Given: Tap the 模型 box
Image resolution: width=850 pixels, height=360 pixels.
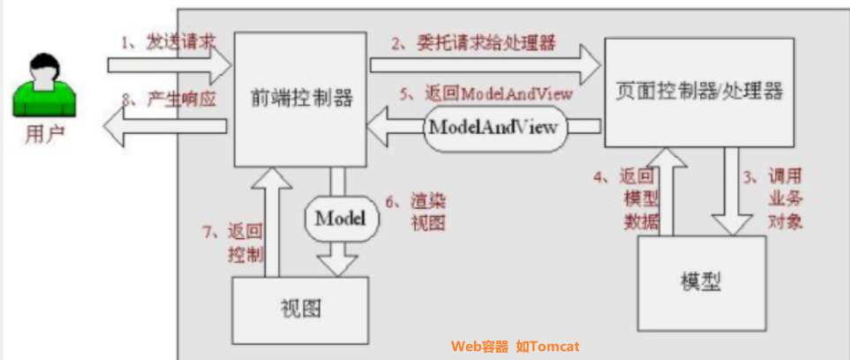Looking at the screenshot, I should point(700,281).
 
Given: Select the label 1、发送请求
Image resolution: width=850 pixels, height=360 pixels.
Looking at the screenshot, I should point(169,41).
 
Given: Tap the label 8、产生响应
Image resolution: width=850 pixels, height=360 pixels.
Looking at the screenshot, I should point(169,99).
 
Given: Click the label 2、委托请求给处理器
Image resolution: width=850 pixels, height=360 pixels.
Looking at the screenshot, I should point(474,41).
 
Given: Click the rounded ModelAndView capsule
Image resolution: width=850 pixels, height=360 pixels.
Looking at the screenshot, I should point(493,126).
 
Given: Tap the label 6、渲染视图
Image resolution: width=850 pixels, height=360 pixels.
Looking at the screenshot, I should point(424,213).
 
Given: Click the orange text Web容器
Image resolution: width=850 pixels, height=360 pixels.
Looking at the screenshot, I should point(480,347).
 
